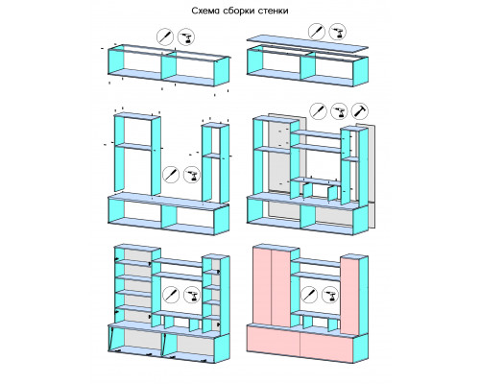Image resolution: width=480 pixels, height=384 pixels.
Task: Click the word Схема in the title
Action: pos(202,11)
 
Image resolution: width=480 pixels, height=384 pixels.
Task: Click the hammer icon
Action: pos(360,111)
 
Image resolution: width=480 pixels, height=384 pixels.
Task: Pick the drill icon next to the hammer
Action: pos(339,111)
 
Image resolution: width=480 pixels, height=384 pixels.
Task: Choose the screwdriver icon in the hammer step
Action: pos(318,111)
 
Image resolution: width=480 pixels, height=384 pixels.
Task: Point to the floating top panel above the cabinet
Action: pos(307,44)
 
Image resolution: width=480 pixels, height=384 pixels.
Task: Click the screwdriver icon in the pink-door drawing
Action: pos(309,295)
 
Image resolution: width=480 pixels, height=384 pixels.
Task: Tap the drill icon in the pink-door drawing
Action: pos(330,295)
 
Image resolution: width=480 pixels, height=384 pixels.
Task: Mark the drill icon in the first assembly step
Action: pos(186,37)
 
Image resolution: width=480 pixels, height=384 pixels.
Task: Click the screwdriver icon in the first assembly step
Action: pos(165,37)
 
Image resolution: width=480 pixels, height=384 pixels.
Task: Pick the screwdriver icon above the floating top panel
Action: pos(317,32)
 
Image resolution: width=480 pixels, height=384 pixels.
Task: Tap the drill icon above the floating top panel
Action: pos(338,32)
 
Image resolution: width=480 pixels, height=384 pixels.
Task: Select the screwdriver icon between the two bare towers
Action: pos(171,175)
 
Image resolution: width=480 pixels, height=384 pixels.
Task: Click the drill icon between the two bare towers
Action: pos(192,175)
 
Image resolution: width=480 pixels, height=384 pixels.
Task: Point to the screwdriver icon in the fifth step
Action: pos(171,295)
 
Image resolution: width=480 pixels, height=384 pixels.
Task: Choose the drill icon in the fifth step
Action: pos(192,295)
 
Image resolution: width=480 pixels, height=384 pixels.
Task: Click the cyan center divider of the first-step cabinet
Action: pos(169,65)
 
